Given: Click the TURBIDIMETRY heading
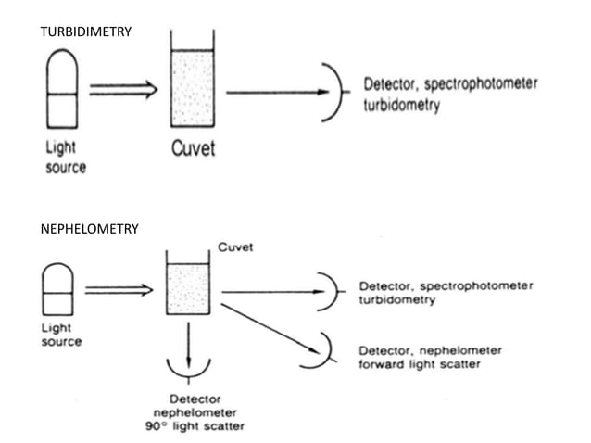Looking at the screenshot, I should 87,32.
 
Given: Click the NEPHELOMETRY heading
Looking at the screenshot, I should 91,228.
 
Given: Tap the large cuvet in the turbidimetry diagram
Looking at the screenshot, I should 193,84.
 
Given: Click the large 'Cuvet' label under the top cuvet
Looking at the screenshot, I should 193,148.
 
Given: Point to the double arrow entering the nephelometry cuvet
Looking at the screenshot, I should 119,289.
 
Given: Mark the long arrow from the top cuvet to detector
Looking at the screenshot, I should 277,92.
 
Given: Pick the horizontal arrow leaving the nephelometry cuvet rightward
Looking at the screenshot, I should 269,292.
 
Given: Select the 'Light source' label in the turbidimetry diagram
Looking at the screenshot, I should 65,158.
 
